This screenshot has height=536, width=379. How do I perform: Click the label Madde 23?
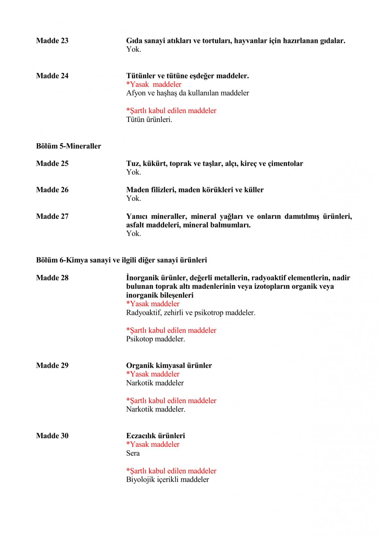point(52,41)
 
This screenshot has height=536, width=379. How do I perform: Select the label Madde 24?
point(52,76)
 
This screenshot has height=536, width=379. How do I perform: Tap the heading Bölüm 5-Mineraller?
point(68,146)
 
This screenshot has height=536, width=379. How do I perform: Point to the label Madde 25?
point(52,163)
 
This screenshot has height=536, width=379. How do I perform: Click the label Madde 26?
point(52,190)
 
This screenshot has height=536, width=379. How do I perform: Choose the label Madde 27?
point(52,216)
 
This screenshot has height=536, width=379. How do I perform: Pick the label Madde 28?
point(52,278)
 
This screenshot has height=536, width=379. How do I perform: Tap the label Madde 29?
point(52,365)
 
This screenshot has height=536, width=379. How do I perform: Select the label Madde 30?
point(52,436)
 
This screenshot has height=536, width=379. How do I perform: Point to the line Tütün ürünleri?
point(149,120)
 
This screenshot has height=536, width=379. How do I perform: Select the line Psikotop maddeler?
point(155,339)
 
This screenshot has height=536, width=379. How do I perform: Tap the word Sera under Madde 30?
point(133,453)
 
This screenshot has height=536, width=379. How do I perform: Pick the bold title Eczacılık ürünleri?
point(155,436)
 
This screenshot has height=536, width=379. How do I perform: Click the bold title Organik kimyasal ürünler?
point(169,365)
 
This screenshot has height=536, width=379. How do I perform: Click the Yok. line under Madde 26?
point(133,198)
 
